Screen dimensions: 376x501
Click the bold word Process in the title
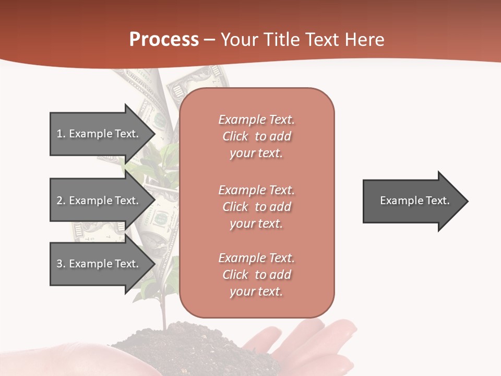point(164,40)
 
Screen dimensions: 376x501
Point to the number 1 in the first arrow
point(59,134)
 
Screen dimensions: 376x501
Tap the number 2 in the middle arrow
point(59,201)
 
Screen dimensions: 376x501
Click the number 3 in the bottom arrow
point(59,264)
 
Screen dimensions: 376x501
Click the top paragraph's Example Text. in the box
point(256,120)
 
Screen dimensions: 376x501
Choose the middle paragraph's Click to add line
point(256,207)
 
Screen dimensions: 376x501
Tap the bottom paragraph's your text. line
point(256,291)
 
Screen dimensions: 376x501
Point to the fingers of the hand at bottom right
point(334,339)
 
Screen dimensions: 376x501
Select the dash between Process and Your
point(209,40)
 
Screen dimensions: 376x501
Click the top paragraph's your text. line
point(256,153)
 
